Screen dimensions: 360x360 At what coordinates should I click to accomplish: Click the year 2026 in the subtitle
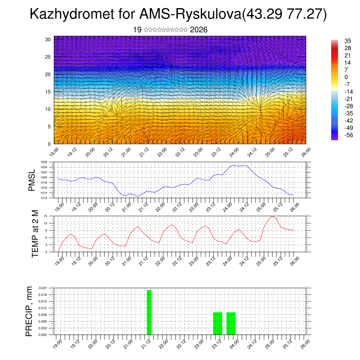[199, 30]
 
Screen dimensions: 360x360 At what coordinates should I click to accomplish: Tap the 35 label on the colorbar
[348, 41]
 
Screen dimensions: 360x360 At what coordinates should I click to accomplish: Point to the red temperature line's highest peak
[272, 216]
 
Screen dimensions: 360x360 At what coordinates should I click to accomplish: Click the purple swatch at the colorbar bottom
[334, 138]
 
